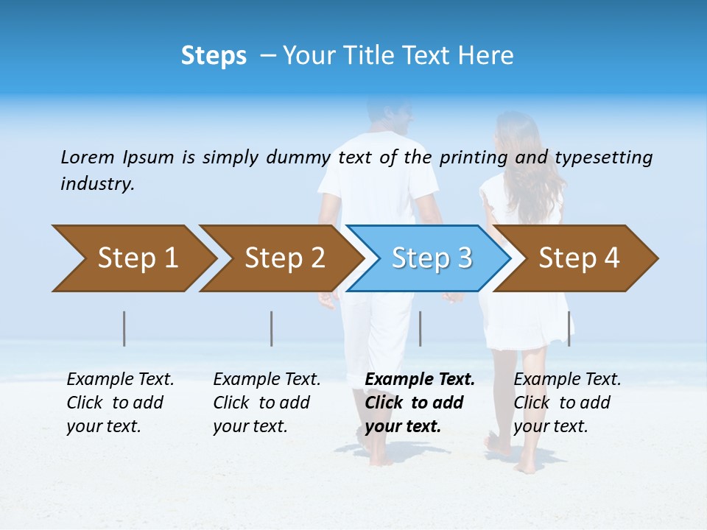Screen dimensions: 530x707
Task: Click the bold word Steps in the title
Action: click(x=214, y=56)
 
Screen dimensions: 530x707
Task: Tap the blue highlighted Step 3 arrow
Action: click(x=432, y=258)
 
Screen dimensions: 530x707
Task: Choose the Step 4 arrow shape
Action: click(x=579, y=258)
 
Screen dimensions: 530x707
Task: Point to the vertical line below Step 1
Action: click(x=124, y=328)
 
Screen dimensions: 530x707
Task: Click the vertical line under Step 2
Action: click(x=272, y=328)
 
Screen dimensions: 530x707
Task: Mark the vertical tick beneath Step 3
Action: click(x=420, y=328)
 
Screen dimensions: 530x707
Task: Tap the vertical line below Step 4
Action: click(x=569, y=328)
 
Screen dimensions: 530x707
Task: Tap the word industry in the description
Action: click(x=97, y=183)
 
